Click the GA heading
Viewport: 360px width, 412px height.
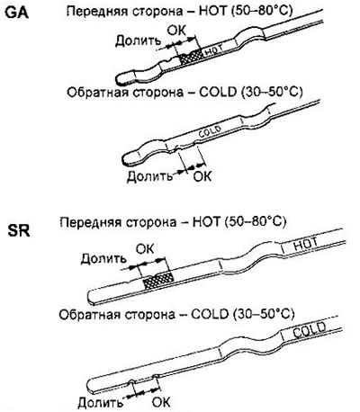[17, 13]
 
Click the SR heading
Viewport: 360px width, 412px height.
[19, 231]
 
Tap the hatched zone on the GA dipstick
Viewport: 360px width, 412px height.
[191, 57]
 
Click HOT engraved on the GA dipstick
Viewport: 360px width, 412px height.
[214, 49]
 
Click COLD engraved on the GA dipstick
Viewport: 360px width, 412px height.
[210, 132]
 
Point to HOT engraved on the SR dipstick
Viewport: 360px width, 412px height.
[305, 244]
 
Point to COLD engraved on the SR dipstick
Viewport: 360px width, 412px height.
[310, 329]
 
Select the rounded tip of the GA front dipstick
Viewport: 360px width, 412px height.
[119, 79]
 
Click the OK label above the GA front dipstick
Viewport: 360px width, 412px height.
[176, 31]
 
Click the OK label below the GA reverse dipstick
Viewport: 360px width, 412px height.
[202, 176]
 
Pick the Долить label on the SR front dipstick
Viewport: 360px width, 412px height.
[103, 259]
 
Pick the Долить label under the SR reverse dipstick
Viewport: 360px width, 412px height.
[101, 402]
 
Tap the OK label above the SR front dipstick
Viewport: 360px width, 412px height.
[145, 249]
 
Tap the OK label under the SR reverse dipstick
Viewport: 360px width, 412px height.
[161, 402]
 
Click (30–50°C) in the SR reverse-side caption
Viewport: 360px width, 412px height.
[263, 314]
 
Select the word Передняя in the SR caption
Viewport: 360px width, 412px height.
[88, 223]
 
